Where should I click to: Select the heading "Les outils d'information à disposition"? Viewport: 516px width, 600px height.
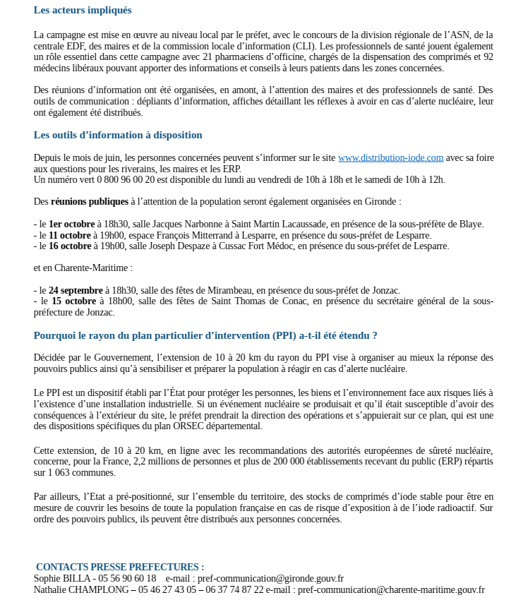tap(118, 135)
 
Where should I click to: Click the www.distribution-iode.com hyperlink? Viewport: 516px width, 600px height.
tap(390, 158)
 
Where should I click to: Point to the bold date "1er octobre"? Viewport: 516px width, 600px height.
tap(72, 224)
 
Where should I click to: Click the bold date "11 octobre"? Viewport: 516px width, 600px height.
tap(70, 235)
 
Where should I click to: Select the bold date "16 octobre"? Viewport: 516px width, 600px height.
tap(70, 246)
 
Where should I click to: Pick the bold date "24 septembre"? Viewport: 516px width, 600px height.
tap(76, 290)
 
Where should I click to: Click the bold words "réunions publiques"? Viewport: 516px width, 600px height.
tap(90, 202)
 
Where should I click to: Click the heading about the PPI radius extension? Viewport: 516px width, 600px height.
tap(205, 335)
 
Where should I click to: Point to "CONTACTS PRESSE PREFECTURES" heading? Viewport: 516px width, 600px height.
tap(120, 567)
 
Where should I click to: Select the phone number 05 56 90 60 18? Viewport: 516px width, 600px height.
tap(126, 578)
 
